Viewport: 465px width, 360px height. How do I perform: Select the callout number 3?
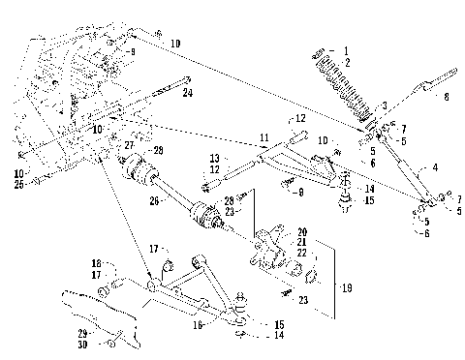(384, 105)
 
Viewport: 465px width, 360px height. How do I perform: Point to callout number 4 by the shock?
(434, 167)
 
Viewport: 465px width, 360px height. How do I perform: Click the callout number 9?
(132, 51)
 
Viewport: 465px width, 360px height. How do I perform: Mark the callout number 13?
(214, 157)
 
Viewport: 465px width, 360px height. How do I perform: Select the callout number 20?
(301, 232)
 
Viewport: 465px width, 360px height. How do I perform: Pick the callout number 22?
(301, 254)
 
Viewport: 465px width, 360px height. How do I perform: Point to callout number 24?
(187, 93)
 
